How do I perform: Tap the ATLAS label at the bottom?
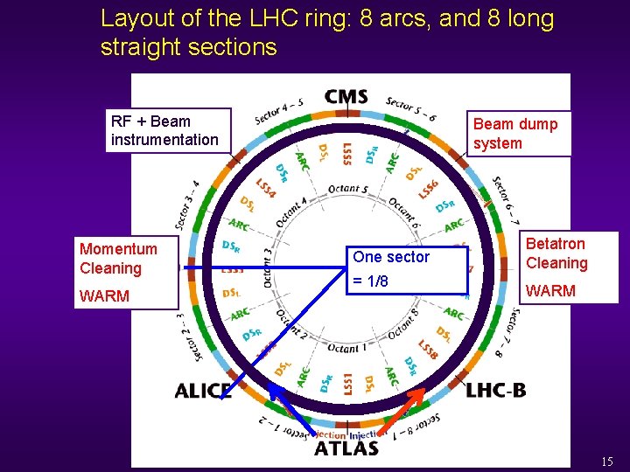coord(346,448)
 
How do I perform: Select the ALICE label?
coord(202,391)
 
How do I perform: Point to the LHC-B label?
coord(496,390)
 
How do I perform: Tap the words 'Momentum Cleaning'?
coord(118,259)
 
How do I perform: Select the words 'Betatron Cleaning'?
coord(556,253)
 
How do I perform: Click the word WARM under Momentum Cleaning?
coord(104,296)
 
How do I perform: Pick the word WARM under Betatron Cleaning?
coord(550,291)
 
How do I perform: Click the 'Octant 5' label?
coord(348,188)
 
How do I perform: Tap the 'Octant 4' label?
coord(291,212)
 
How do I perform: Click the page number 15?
coord(607,461)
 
